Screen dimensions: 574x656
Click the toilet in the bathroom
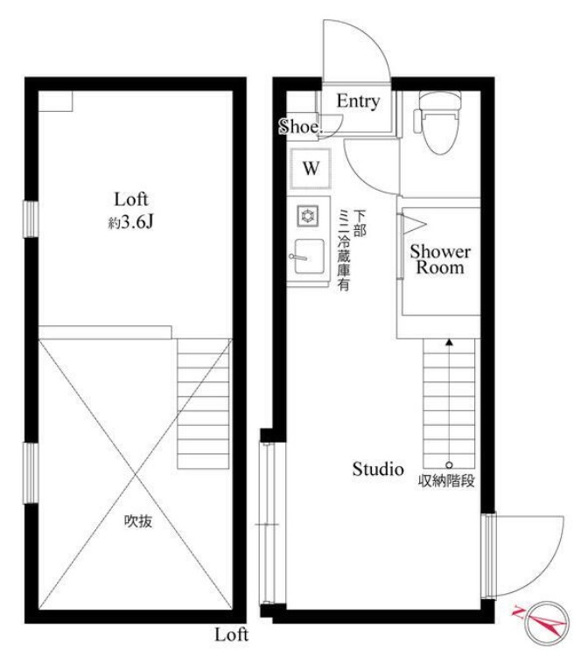click(437, 122)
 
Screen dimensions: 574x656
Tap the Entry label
click(359, 101)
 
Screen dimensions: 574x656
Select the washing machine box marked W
click(311, 169)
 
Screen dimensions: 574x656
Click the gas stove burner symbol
click(308, 216)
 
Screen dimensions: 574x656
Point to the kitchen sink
click(308, 256)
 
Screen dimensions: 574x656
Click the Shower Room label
click(440, 260)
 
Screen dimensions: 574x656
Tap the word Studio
click(378, 469)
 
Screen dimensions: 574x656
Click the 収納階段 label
click(446, 481)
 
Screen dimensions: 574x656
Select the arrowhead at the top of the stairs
click(449, 342)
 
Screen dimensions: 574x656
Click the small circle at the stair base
click(449, 464)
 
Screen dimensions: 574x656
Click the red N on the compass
click(519, 612)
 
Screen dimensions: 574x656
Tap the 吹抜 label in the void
click(138, 521)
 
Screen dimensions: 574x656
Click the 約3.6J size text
click(131, 222)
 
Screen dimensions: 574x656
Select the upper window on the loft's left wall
click(31, 220)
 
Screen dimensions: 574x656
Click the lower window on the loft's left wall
click(31, 472)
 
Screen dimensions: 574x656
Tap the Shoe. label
click(301, 126)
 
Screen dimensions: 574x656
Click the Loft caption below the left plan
click(232, 635)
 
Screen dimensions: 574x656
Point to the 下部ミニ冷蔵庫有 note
click(351, 250)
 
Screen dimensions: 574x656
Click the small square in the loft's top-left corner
click(56, 101)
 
